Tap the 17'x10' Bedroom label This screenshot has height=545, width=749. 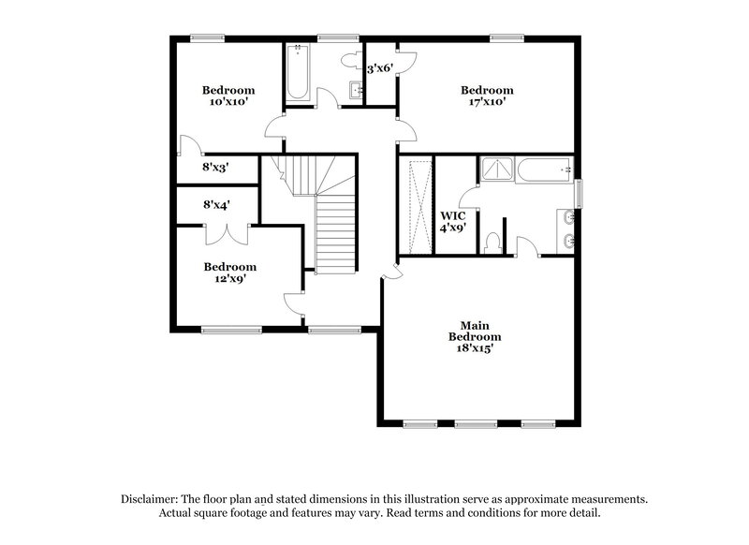pos(487,96)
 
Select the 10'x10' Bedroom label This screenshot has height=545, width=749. pos(228,96)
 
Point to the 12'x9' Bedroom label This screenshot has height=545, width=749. pos(229,272)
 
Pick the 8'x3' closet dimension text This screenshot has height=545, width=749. pos(216,169)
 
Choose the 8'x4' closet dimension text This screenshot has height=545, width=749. pos(216,203)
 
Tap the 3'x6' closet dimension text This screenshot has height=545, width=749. pos(379,68)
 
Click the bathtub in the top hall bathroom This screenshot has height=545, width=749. pos(299,72)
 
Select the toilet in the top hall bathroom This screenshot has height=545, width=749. pos(351,59)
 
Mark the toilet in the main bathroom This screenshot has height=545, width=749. pos(492,242)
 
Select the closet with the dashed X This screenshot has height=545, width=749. pos(415,206)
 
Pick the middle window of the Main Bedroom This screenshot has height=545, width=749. pos(476,424)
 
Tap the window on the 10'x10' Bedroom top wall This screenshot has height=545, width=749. pos(208,38)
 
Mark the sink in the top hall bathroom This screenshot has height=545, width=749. pos(357,89)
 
